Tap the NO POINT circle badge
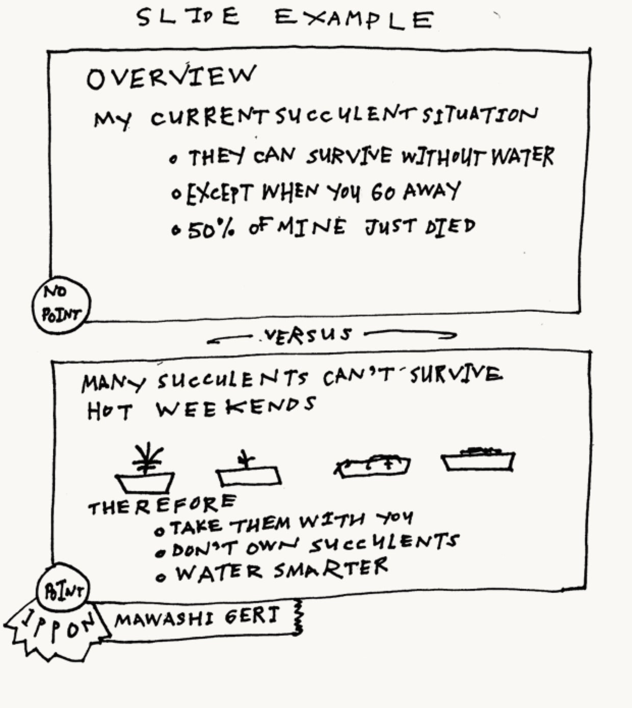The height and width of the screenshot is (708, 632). click(x=61, y=305)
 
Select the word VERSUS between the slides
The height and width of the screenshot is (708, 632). click(x=307, y=336)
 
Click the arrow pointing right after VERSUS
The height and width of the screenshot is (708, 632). click(x=410, y=335)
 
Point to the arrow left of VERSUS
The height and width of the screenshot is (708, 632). click(x=229, y=339)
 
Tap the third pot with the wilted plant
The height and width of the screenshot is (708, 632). click(x=372, y=466)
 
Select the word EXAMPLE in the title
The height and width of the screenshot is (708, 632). click(x=354, y=19)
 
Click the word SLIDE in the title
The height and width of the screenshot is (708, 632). click(x=188, y=17)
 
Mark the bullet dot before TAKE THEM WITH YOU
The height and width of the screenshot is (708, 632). click(x=159, y=531)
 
